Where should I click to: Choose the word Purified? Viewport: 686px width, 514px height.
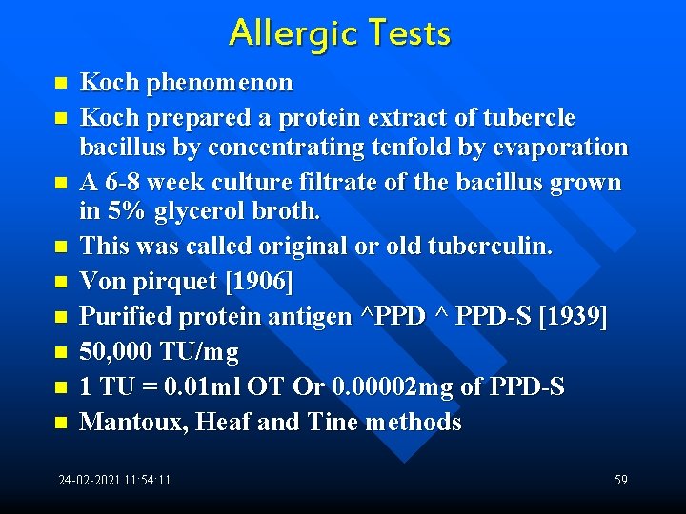click(124, 316)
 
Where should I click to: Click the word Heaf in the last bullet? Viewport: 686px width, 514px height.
click(223, 422)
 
